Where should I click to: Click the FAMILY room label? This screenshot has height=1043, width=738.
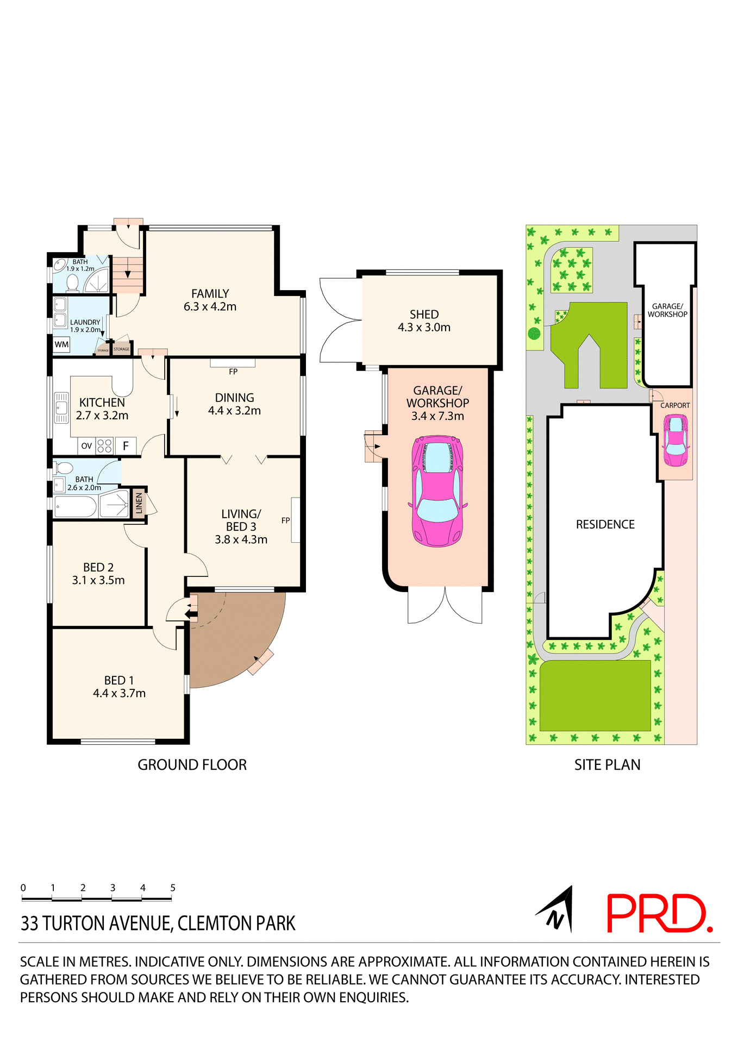[210, 294]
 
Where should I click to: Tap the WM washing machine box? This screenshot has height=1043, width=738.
[61, 344]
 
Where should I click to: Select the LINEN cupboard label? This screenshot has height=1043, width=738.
[139, 503]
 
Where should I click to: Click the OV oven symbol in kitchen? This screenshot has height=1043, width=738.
[86, 446]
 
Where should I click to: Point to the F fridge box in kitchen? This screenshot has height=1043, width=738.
[126, 446]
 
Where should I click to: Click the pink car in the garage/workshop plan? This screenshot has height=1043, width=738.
[437, 490]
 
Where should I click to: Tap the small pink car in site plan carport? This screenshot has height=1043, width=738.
[676, 440]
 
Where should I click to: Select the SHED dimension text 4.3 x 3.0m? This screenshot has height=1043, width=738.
[424, 328]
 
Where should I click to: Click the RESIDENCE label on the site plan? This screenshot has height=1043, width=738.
[605, 524]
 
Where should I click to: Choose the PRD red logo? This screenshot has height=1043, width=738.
[659, 914]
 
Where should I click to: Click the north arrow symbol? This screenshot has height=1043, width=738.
[558, 910]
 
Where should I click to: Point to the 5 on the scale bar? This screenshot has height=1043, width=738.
[173, 888]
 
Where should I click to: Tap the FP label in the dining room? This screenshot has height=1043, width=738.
[233, 372]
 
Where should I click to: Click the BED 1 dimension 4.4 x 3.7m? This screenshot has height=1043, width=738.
[119, 693]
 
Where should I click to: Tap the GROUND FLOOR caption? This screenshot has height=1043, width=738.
[192, 765]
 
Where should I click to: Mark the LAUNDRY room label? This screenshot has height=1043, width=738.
[85, 322]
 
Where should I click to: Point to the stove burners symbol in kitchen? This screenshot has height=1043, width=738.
[104, 446]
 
